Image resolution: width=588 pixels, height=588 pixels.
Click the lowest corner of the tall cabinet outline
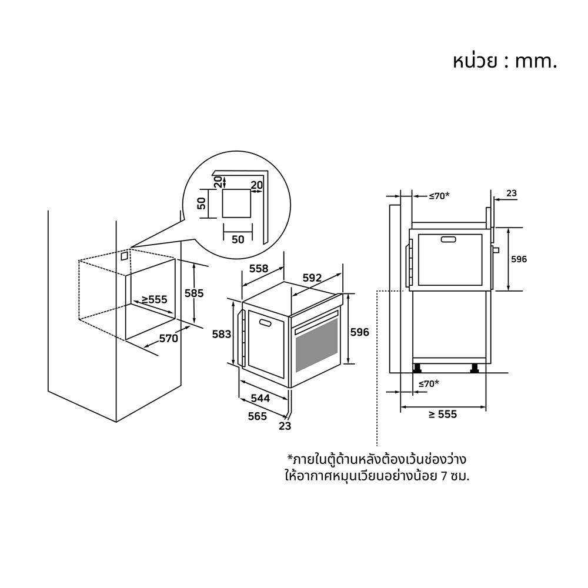[x=116, y=422]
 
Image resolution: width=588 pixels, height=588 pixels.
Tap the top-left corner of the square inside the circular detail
[x=222, y=189]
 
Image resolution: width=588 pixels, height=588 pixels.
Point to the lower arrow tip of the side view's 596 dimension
[x=508, y=290]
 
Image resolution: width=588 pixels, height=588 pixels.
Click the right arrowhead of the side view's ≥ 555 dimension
[x=485, y=407]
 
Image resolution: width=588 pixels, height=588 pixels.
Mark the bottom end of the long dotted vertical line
[x=376, y=445]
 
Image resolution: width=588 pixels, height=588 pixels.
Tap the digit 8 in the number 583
[x=222, y=334]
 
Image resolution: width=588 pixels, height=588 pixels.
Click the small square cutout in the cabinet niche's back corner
[x=124, y=256]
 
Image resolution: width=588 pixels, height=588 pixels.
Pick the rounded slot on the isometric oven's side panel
[x=265, y=322]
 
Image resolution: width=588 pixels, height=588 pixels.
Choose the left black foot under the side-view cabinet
[x=417, y=368]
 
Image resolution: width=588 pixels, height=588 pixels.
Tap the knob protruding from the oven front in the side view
[x=496, y=250]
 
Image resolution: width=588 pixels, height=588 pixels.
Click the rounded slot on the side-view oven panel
[x=449, y=239]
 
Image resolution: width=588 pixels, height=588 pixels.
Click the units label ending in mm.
[x=505, y=62]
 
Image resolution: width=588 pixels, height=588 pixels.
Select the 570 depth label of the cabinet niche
[x=168, y=339]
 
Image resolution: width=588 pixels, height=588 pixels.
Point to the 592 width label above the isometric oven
[x=312, y=278]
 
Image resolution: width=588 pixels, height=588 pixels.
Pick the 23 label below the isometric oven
[x=285, y=426]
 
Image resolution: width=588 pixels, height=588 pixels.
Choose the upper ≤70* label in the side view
[x=439, y=196]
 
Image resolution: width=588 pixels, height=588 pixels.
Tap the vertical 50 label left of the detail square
[x=202, y=203]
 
